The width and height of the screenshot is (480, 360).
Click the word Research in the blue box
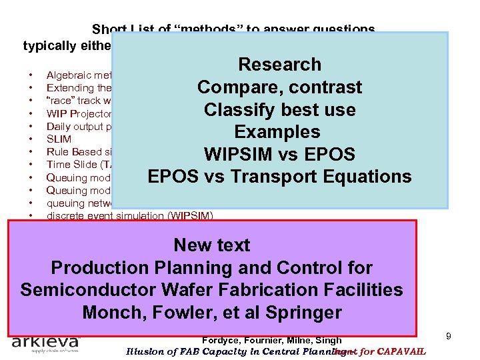[279, 65]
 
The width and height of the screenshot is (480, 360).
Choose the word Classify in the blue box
[243, 109]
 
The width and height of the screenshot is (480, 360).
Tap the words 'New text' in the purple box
[211, 245]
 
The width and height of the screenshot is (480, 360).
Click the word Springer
[304, 312]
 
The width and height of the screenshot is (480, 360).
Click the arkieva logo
[46, 343]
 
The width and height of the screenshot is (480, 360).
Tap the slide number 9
[449, 337]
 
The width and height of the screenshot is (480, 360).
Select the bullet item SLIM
[58, 139]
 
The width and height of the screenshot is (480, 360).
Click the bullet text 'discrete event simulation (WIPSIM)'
[129, 216]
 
